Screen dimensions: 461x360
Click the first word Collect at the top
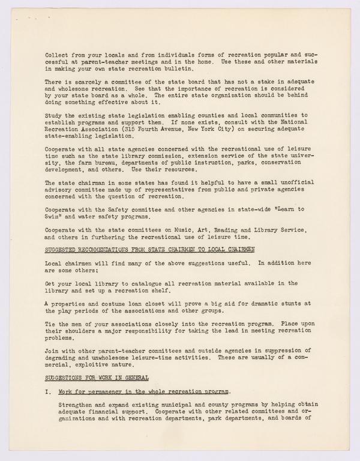(x=57, y=55)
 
